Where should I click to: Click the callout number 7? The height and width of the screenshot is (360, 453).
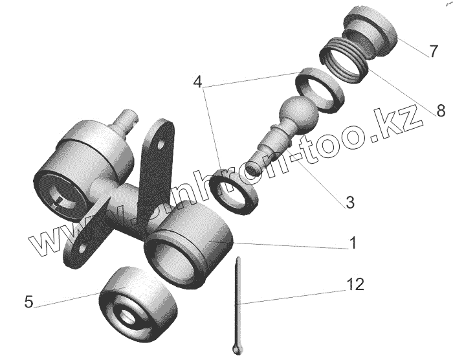[x=432, y=52]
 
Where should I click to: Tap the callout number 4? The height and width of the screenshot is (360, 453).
[x=197, y=82]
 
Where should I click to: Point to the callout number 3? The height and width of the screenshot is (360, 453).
[x=349, y=202]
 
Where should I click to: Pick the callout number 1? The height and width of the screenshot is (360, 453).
[x=353, y=243]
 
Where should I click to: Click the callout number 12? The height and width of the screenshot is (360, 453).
[x=354, y=284]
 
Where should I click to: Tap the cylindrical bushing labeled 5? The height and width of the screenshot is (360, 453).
[x=138, y=301]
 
